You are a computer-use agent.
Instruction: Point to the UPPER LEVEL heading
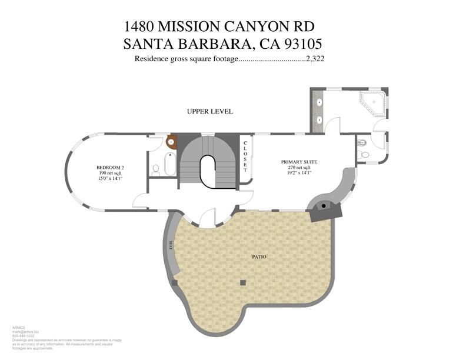210,111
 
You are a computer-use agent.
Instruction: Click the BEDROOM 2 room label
110,168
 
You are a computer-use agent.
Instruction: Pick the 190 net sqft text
110,174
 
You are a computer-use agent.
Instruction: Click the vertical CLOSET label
245,156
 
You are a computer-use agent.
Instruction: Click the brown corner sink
172,142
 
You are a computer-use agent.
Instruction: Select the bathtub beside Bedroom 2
169,165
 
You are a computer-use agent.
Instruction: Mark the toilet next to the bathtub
157,169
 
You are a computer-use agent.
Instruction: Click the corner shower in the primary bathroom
374,104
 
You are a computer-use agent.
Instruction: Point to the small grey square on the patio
242,283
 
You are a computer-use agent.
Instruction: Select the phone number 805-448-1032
24,336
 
